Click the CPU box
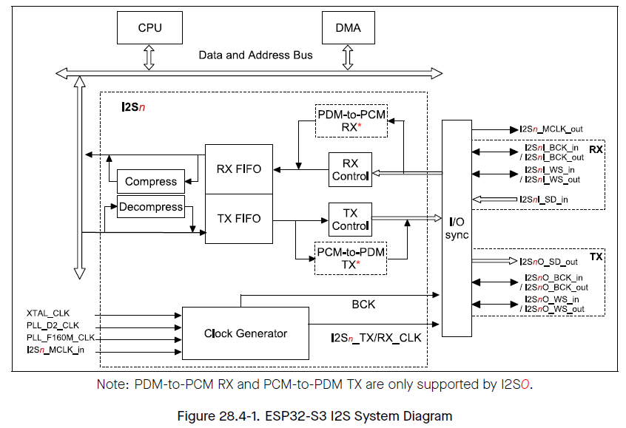(x=149, y=29)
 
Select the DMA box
(x=349, y=29)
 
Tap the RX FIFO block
(x=238, y=169)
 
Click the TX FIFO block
(x=238, y=218)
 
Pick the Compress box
(x=151, y=181)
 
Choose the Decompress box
(x=151, y=207)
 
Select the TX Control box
(x=350, y=219)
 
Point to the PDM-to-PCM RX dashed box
(x=351, y=120)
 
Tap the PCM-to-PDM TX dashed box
(x=351, y=258)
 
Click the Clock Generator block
(x=246, y=333)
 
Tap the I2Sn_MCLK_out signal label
(x=551, y=129)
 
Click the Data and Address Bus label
(x=255, y=55)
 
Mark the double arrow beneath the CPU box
(x=149, y=56)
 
